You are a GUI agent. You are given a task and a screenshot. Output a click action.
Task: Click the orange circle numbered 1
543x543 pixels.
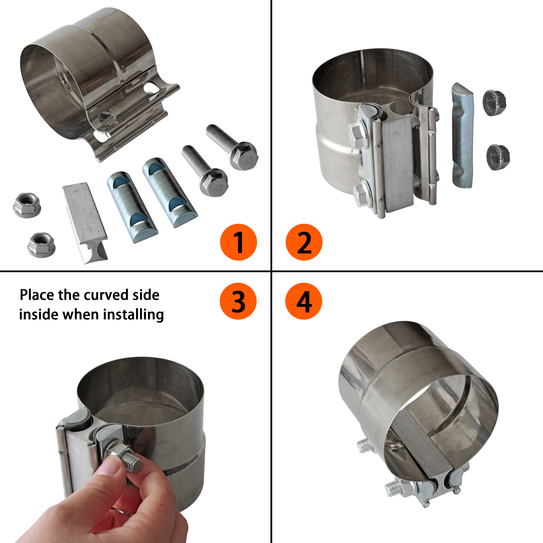pos(238,242)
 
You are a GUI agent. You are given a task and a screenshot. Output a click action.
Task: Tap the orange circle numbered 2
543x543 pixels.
pos(304,242)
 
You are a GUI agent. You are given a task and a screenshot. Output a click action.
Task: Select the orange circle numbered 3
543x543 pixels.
pos(238,301)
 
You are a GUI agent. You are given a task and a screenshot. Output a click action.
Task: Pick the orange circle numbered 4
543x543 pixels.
pos(304,301)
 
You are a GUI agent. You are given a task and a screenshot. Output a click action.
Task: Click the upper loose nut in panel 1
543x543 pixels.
pos(27,205)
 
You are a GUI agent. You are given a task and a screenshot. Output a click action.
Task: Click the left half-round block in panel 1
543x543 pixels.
pos(132,207)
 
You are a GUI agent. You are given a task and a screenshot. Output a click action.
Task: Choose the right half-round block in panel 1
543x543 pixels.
pos(169,192)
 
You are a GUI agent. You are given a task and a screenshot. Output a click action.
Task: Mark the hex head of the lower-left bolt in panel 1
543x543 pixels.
pos(214,183)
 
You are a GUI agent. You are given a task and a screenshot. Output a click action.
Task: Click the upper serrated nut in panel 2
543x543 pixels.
pos(494,103)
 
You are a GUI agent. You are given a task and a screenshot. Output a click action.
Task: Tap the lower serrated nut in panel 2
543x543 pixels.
pos(498,157)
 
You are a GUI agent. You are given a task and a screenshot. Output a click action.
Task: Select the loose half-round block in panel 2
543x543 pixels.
pos(463,136)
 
